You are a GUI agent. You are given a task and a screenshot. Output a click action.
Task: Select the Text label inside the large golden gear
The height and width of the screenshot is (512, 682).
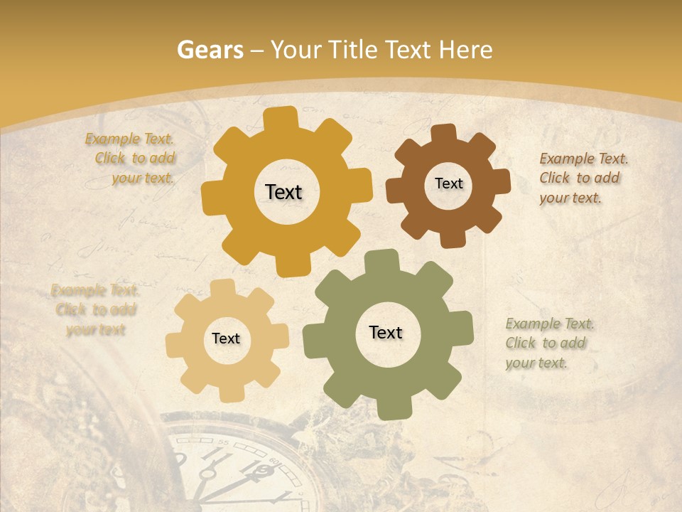[283, 192]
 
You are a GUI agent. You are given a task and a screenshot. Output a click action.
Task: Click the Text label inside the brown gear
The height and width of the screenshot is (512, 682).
[448, 183]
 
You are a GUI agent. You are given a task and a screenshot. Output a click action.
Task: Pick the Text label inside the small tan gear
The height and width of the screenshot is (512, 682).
[226, 338]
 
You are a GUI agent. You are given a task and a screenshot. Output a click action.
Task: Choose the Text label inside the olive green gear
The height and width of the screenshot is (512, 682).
[386, 332]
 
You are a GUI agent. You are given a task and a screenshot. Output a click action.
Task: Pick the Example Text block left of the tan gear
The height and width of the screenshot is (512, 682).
[95, 310]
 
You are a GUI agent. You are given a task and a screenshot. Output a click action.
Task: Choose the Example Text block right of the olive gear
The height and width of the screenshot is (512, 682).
[550, 343]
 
